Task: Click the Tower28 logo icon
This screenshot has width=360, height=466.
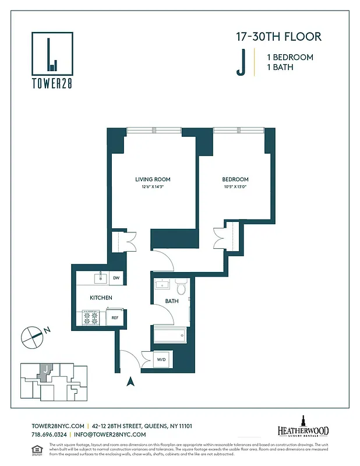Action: pyautogui.click(x=52, y=53)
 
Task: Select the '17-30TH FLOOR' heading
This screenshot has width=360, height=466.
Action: pyautogui.click(x=278, y=37)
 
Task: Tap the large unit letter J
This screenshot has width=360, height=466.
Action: pyautogui.click(x=240, y=63)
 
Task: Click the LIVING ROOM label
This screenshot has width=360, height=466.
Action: pyautogui.click(x=153, y=179)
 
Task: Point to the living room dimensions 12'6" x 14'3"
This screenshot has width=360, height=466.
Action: pyautogui.click(x=153, y=187)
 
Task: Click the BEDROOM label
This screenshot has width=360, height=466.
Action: pyautogui.click(x=235, y=179)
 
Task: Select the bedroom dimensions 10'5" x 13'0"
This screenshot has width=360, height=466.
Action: pyautogui.click(x=235, y=187)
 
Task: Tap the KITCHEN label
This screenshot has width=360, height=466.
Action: pyautogui.click(x=101, y=298)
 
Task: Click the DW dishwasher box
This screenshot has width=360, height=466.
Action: pyautogui.click(x=117, y=278)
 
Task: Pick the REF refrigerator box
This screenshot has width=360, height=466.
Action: pyautogui.click(x=115, y=318)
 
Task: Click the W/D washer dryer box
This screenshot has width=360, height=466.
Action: pyautogui.click(x=161, y=359)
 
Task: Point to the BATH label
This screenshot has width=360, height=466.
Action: pyautogui.click(x=171, y=301)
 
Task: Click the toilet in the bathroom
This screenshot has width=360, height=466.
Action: pyautogui.click(x=181, y=287)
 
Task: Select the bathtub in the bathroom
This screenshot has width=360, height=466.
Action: pyautogui.click(x=170, y=335)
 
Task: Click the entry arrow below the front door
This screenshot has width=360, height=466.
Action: pyautogui.click(x=130, y=382)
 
